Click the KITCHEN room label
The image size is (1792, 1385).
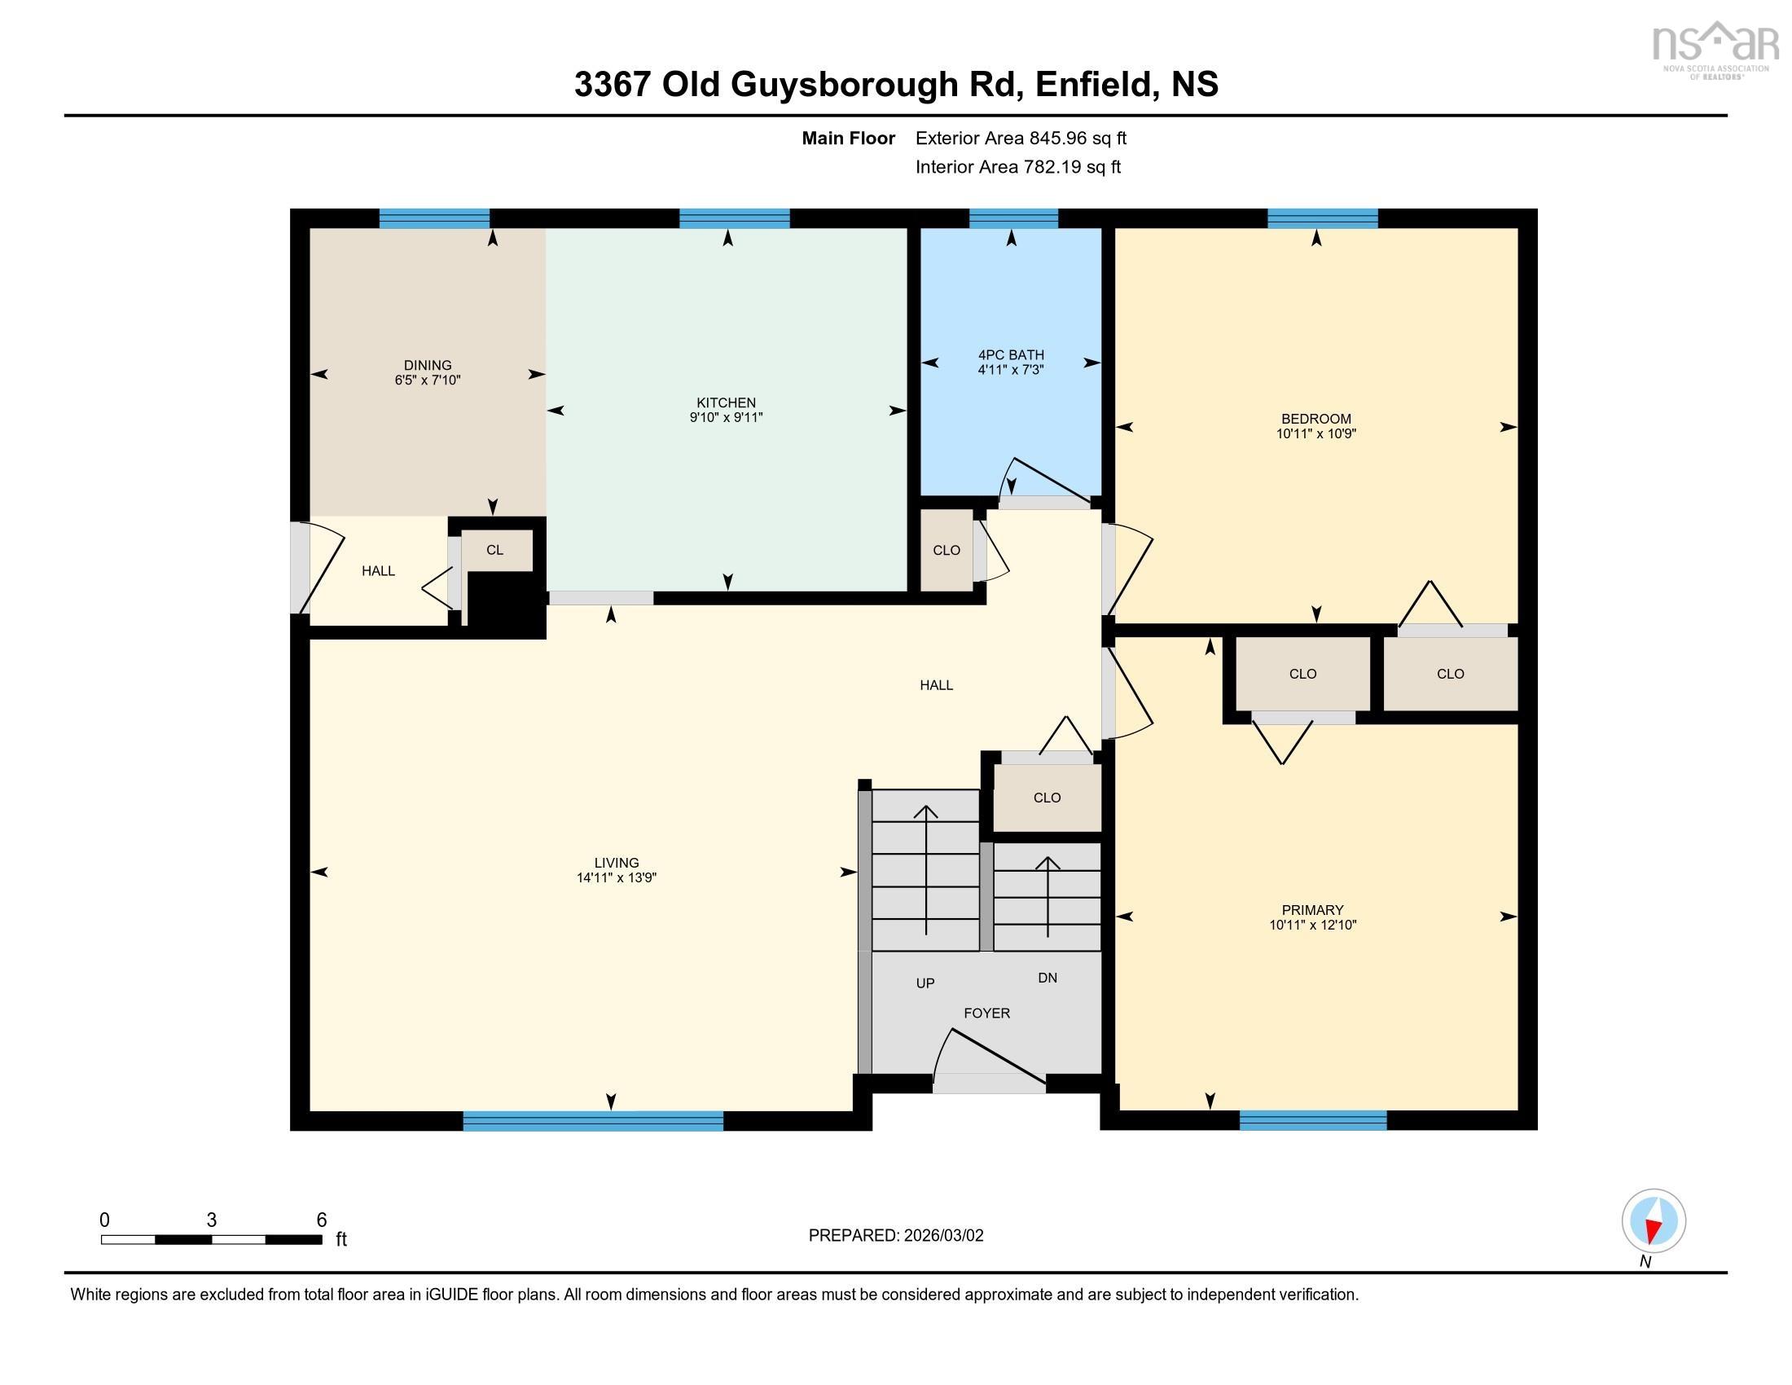point(726,402)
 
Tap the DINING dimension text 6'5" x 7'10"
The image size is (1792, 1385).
point(428,380)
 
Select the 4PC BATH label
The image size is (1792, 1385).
point(1011,354)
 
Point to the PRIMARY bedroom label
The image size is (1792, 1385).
point(1312,910)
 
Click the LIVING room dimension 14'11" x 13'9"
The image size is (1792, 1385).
point(617,878)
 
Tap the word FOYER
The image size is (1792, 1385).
point(986,1013)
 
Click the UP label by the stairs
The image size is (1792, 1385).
point(925,983)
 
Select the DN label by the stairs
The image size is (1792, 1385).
point(1047,978)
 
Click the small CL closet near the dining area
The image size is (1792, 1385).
point(494,550)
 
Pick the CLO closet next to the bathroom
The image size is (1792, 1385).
point(946,551)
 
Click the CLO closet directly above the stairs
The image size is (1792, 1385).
point(1047,798)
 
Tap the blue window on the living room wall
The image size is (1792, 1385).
point(593,1121)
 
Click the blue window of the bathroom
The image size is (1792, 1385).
point(1013,218)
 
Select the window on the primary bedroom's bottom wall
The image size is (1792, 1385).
point(1313,1121)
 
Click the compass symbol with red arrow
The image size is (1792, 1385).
point(1654,1221)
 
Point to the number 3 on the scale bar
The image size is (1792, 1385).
point(212,1220)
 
